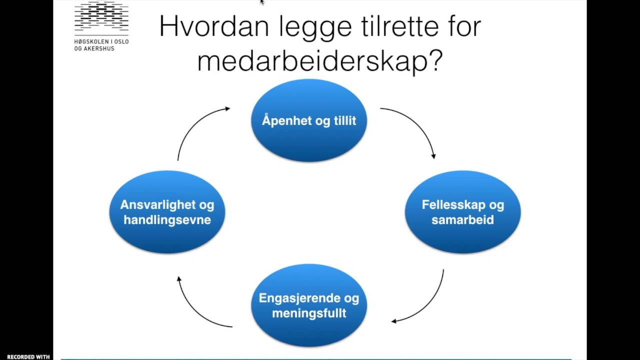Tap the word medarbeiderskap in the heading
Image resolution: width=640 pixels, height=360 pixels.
coord(311,62)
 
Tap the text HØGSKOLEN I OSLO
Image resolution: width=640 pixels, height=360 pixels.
coord(101,42)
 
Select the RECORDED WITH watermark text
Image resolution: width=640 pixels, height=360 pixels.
coord(28,357)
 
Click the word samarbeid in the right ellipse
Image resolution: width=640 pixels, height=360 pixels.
coord(462,219)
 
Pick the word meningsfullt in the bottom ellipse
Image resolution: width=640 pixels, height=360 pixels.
coord(309,313)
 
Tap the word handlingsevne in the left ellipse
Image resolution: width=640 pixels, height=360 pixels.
coord(167,219)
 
